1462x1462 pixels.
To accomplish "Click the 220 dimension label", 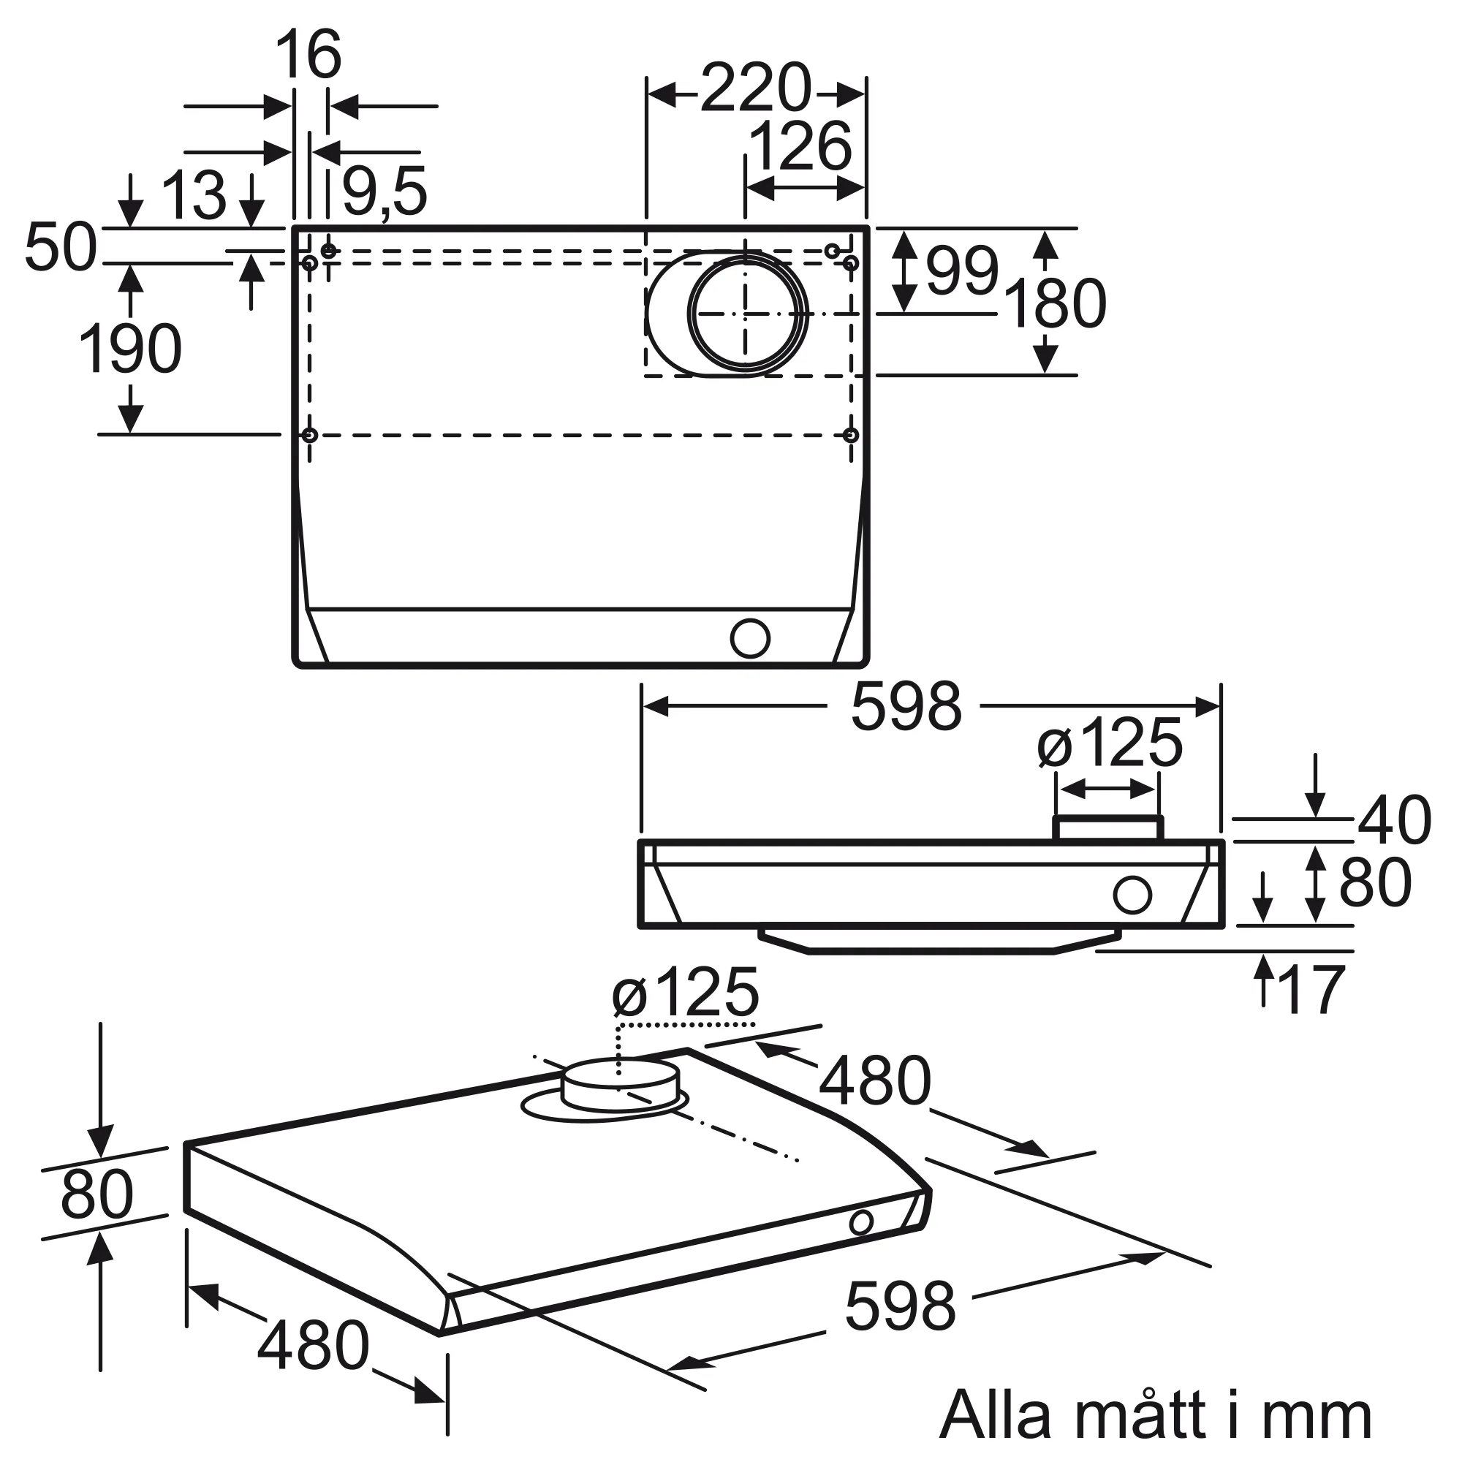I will point(755,89).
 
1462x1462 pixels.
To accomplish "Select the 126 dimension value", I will point(800,147).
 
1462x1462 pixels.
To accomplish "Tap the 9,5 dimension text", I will point(385,192).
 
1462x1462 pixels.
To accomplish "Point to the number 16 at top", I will point(308,55).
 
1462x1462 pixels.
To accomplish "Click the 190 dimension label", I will point(130,349).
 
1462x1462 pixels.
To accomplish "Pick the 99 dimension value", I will point(962,272).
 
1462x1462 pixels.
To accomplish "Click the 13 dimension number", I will point(194,195).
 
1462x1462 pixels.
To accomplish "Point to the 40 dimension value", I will point(1394,820).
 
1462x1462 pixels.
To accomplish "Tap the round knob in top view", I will point(750,639).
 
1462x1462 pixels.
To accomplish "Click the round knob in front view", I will point(1132,895).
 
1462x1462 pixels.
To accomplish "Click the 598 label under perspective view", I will point(900,1307).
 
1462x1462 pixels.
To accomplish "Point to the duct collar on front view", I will point(1108,829).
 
